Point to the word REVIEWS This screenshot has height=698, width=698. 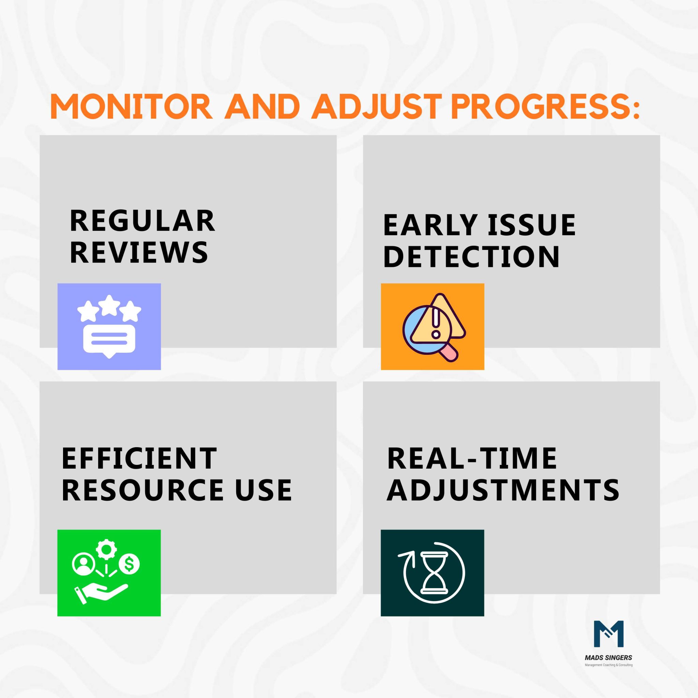coord(139,252)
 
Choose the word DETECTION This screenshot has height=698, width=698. coord(471,257)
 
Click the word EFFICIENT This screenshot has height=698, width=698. coord(139,458)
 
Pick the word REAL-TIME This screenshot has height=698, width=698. coord(472,458)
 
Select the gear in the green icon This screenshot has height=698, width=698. coord(106,549)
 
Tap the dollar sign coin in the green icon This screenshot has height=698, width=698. coord(129,564)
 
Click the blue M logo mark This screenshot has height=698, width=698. coord(609,634)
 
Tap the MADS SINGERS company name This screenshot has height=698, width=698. coord(608,658)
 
